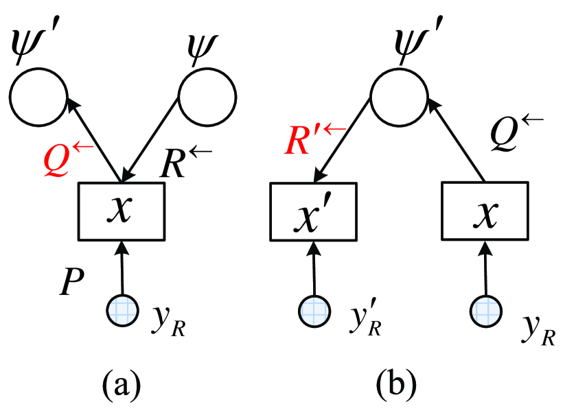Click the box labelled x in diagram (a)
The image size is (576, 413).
tap(122, 211)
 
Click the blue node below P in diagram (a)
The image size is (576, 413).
tap(122, 310)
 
